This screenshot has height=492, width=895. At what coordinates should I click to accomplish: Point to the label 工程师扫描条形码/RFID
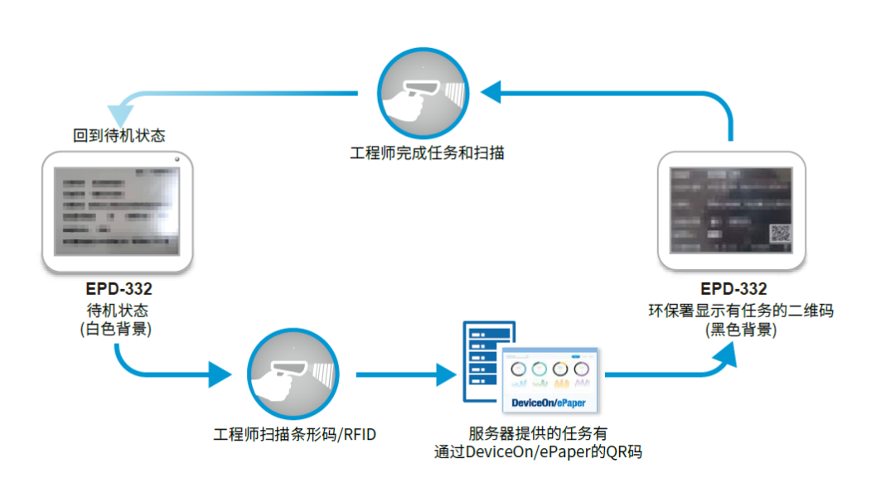(x=294, y=434)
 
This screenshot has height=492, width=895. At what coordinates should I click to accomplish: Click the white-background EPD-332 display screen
(x=118, y=210)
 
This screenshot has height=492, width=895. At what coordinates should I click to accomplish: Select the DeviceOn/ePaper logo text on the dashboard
(x=549, y=403)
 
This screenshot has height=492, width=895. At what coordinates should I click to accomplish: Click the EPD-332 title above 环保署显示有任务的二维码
(x=733, y=289)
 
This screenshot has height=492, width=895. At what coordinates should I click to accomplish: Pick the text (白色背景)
(x=119, y=329)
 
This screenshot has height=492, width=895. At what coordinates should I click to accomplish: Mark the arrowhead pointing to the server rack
(x=446, y=375)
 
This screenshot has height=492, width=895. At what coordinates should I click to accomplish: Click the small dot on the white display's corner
(x=178, y=159)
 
